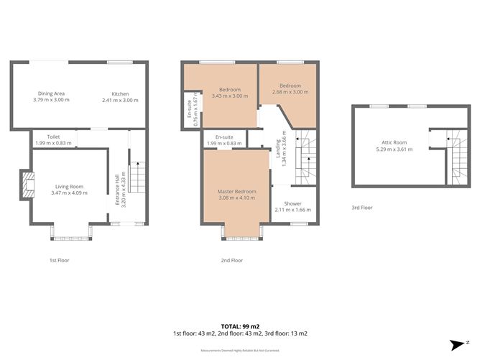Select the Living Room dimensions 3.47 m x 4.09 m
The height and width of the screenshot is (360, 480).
click(70, 193)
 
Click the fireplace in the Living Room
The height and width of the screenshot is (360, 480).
click(26, 185)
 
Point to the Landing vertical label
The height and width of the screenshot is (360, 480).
click(281, 152)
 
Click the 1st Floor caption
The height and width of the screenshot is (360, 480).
click(59, 259)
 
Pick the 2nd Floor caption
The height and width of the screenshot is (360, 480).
click(232, 259)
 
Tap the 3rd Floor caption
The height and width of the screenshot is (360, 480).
click(362, 208)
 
